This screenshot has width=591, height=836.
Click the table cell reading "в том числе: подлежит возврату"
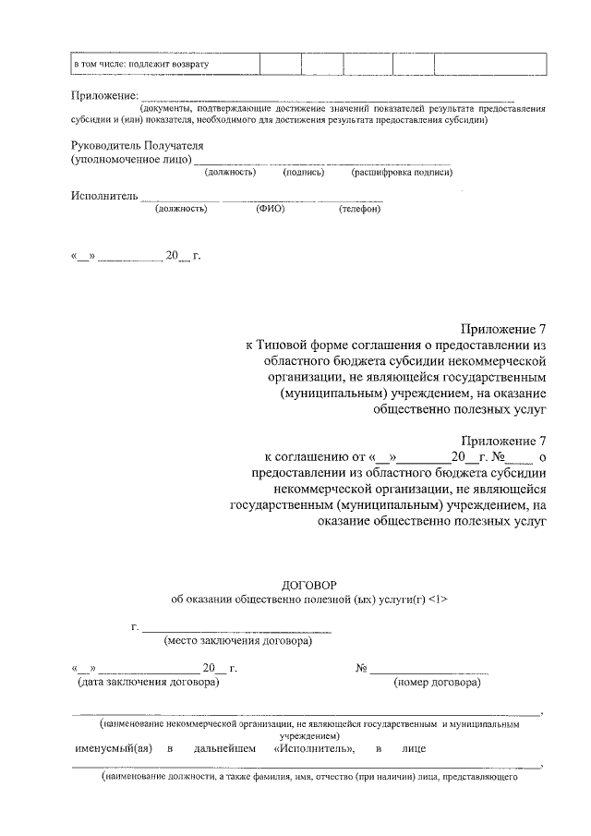(143, 64)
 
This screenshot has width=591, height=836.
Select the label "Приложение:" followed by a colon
(104, 95)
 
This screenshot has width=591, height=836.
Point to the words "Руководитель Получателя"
(137, 145)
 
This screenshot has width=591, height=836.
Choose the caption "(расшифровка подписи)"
(401, 172)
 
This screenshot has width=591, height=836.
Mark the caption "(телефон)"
(360, 209)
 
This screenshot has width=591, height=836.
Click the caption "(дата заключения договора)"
(148, 683)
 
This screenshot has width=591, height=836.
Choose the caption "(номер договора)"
(436, 683)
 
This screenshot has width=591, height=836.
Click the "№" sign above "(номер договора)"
(362, 668)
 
